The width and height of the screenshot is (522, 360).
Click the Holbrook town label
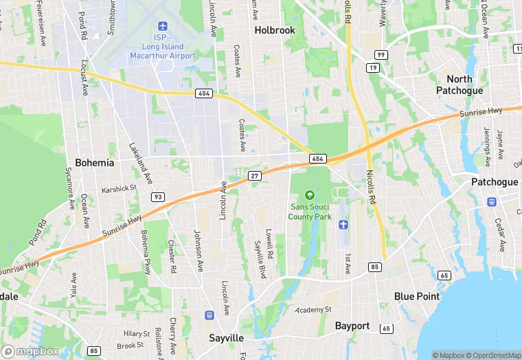pos(275,30)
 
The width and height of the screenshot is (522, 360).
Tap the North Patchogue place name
pos(459,85)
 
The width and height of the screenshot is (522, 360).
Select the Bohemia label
pos(94,163)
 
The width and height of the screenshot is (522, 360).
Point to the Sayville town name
pos(226,339)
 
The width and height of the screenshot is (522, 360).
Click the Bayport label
pos(352,326)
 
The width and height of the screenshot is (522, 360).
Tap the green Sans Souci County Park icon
pos(309,195)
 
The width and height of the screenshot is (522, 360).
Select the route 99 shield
pos(380,54)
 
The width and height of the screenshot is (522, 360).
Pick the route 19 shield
pos(373,68)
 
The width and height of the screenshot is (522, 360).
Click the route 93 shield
pos(158,197)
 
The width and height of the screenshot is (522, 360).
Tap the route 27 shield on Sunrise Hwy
pos(256,177)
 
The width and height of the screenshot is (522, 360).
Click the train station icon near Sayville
pos(209,315)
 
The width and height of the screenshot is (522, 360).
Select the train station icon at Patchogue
pos(492,201)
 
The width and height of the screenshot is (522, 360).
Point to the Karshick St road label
pos(120,188)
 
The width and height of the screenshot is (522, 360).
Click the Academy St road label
pos(313,311)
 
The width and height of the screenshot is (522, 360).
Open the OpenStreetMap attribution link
pos(493,355)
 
